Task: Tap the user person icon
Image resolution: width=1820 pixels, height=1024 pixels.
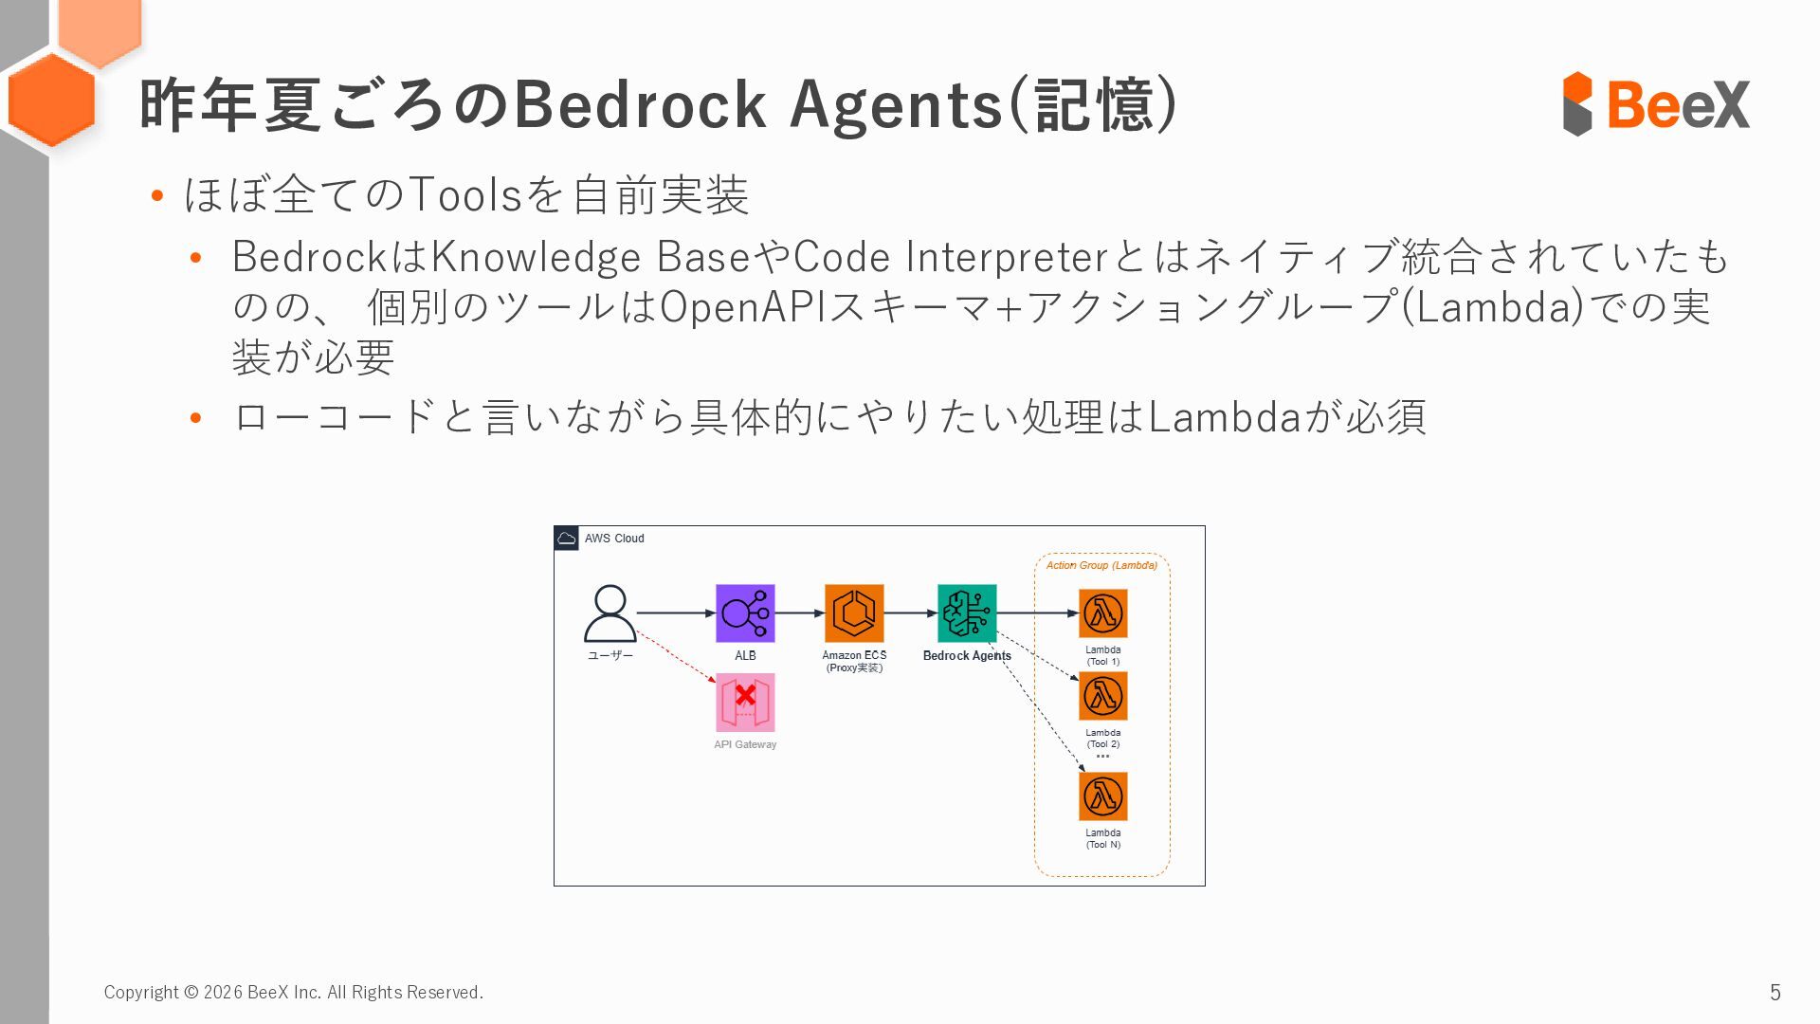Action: coord(610,613)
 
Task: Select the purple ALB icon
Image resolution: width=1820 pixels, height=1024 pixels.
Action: coord(745,613)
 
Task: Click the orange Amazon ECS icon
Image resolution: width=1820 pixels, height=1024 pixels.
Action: coord(854,613)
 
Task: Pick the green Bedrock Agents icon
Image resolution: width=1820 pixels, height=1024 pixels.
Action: coord(967,613)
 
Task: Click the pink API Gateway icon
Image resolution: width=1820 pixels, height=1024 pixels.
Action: coord(745,703)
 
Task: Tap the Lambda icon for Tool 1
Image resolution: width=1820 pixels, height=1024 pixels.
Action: coord(1102,613)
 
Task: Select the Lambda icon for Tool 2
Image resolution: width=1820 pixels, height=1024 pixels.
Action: coord(1102,696)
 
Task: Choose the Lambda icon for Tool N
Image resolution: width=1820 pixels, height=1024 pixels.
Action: coord(1102,796)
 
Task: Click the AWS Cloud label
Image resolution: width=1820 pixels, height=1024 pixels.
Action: coord(614,539)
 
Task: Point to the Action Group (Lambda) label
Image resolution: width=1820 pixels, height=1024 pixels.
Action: coord(1101,565)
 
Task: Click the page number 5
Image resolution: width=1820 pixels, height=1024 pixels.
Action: coord(1774,992)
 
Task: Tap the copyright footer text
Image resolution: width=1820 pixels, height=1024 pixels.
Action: coord(293,992)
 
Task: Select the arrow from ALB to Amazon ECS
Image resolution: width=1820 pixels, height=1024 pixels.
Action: coord(800,613)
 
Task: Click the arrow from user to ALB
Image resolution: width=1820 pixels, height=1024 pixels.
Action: coord(675,613)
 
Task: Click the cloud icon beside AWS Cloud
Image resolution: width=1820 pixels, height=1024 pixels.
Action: coord(567,539)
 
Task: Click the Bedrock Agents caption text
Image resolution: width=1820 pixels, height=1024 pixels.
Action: coord(967,655)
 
